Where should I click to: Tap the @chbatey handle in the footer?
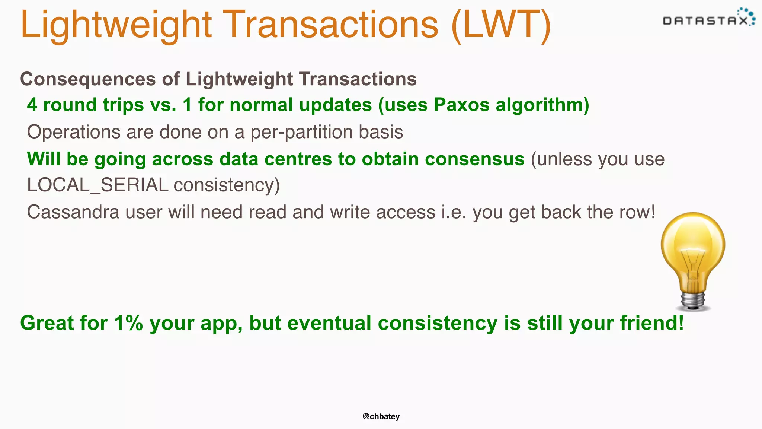click(381, 416)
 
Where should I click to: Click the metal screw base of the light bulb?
click(693, 300)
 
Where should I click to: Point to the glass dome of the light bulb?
click(693, 242)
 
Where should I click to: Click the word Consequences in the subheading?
click(88, 79)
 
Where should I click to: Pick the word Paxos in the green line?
click(461, 105)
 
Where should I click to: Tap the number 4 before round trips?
click(32, 105)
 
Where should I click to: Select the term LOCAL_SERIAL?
click(97, 185)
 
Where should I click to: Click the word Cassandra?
click(73, 212)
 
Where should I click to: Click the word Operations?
click(74, 132)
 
